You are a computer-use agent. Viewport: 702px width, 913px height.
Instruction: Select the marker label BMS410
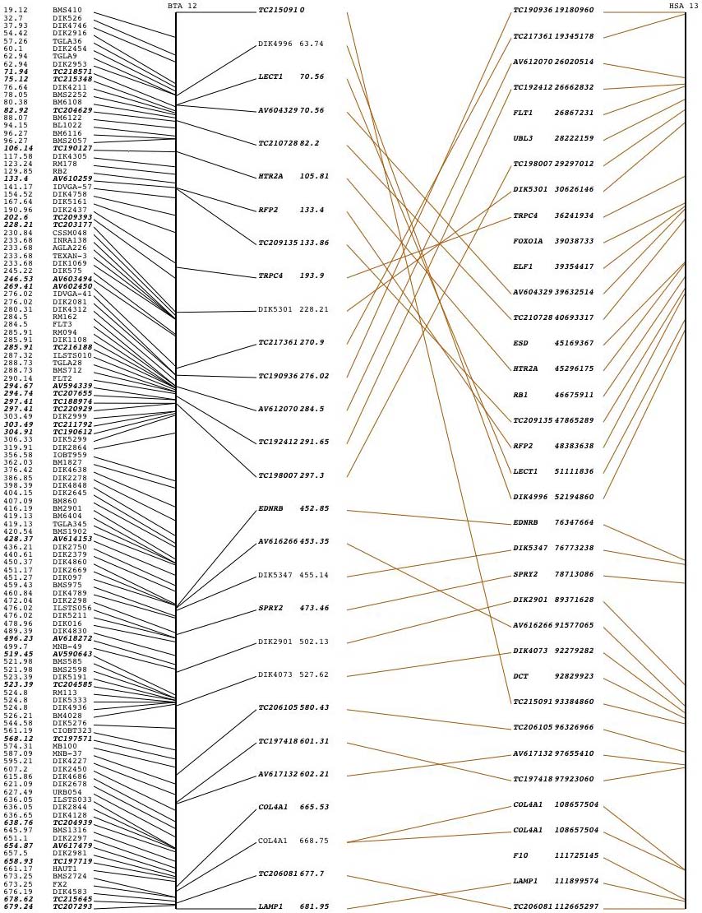67,11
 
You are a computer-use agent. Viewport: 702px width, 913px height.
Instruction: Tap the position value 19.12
16,11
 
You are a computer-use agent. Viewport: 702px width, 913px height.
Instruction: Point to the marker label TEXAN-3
70,255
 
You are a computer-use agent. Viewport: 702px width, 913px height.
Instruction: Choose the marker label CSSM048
70,233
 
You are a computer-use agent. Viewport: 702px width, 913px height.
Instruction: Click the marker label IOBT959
70,455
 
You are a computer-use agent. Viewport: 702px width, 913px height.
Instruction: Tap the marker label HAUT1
65,869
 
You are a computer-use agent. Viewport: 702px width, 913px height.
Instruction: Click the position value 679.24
18,906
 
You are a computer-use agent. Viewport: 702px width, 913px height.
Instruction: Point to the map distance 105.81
314,177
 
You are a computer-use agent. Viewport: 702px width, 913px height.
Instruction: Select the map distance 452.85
314,509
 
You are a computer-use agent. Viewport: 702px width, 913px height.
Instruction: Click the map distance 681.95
314,907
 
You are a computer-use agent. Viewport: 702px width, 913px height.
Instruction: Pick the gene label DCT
520,677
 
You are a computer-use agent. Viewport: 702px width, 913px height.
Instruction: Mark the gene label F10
520,855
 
